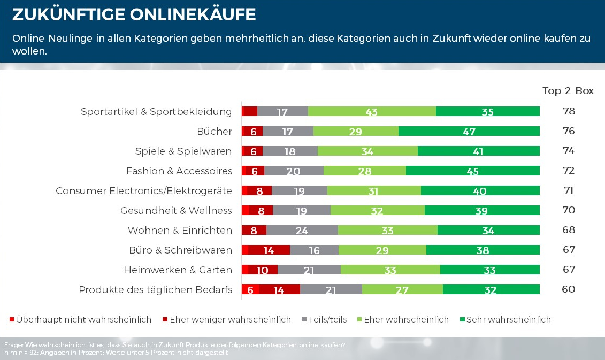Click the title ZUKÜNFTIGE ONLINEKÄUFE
click(134, 15)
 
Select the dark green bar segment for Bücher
click(469, 132)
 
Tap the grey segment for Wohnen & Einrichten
click(302, 231)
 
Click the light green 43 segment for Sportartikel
click(372, 112)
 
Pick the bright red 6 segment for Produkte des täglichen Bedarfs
click(250, 290)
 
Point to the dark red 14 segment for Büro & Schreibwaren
click(269, 250)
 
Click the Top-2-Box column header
click(568, 91)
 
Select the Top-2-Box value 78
click(569, 111)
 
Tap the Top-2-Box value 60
click(569, 289)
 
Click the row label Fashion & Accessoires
click(179, 171)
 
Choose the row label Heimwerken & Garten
click(178, 270)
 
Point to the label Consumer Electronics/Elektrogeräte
click(144, 191)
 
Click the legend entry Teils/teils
click(327, 320)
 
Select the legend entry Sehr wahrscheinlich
click(508, 320)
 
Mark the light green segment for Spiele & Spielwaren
click(367, 151)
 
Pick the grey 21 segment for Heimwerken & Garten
click(309, 270)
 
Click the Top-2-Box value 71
click(569, 190)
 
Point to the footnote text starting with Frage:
click(174, 345)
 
